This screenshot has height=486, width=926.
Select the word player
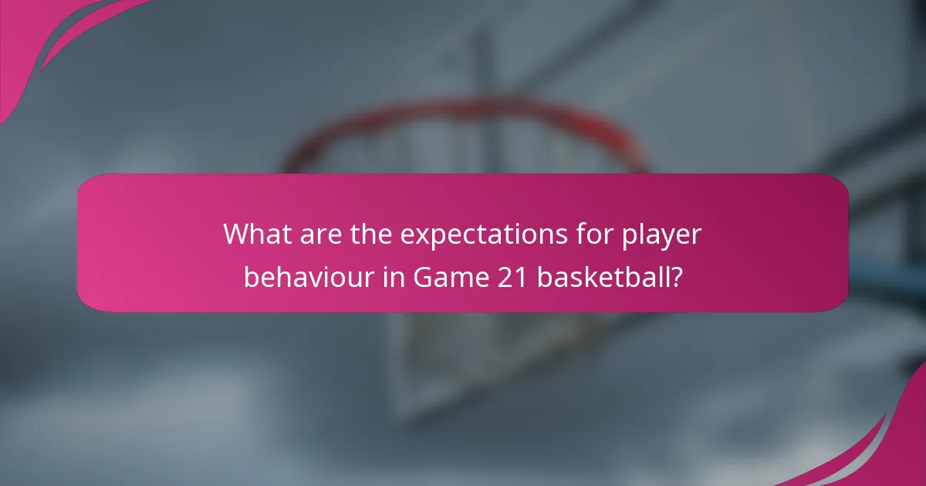[x=664, y=235]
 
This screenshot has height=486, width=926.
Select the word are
[x=315, y=235]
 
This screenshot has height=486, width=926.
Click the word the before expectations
[x=365, y=235]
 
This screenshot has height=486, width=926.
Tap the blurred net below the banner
[x=463, y=355]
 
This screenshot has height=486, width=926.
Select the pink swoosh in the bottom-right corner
[x=887, y=447]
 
